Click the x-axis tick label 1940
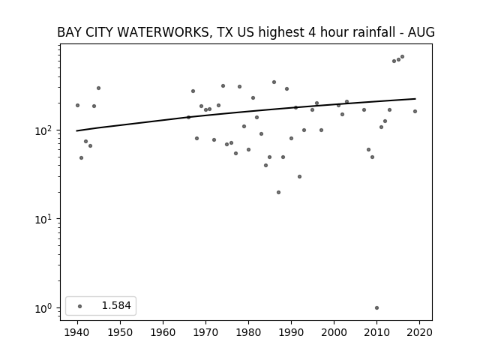click(77, 332)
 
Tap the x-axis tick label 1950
click(120, 332)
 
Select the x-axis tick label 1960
click(163, 332)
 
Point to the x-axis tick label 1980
click(248, 332)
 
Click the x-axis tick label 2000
click(334, 332)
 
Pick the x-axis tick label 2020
click(419, 332)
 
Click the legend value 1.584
click(116, 305)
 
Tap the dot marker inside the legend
click(80, 306)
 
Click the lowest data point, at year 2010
click(376, 308)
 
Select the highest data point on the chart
click(403, 57)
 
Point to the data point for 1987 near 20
click(278, 193)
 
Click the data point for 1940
click(77, 105)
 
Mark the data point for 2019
click(415, 112)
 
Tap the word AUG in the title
click(421, 32)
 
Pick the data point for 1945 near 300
click(98, 88)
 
